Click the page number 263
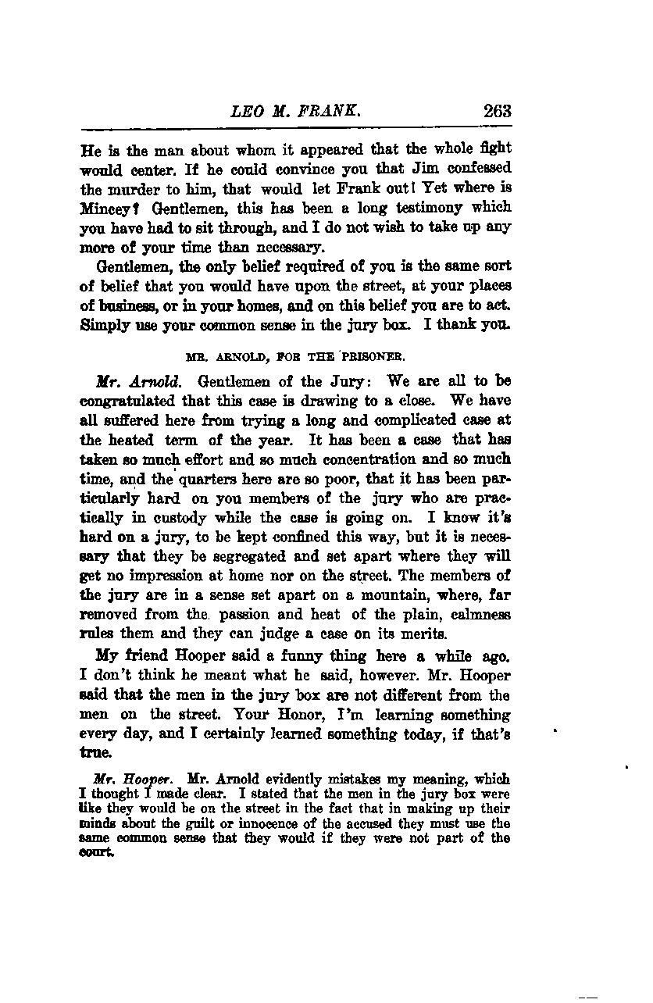(x=497, y=111)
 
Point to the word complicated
(x=403, y=421)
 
